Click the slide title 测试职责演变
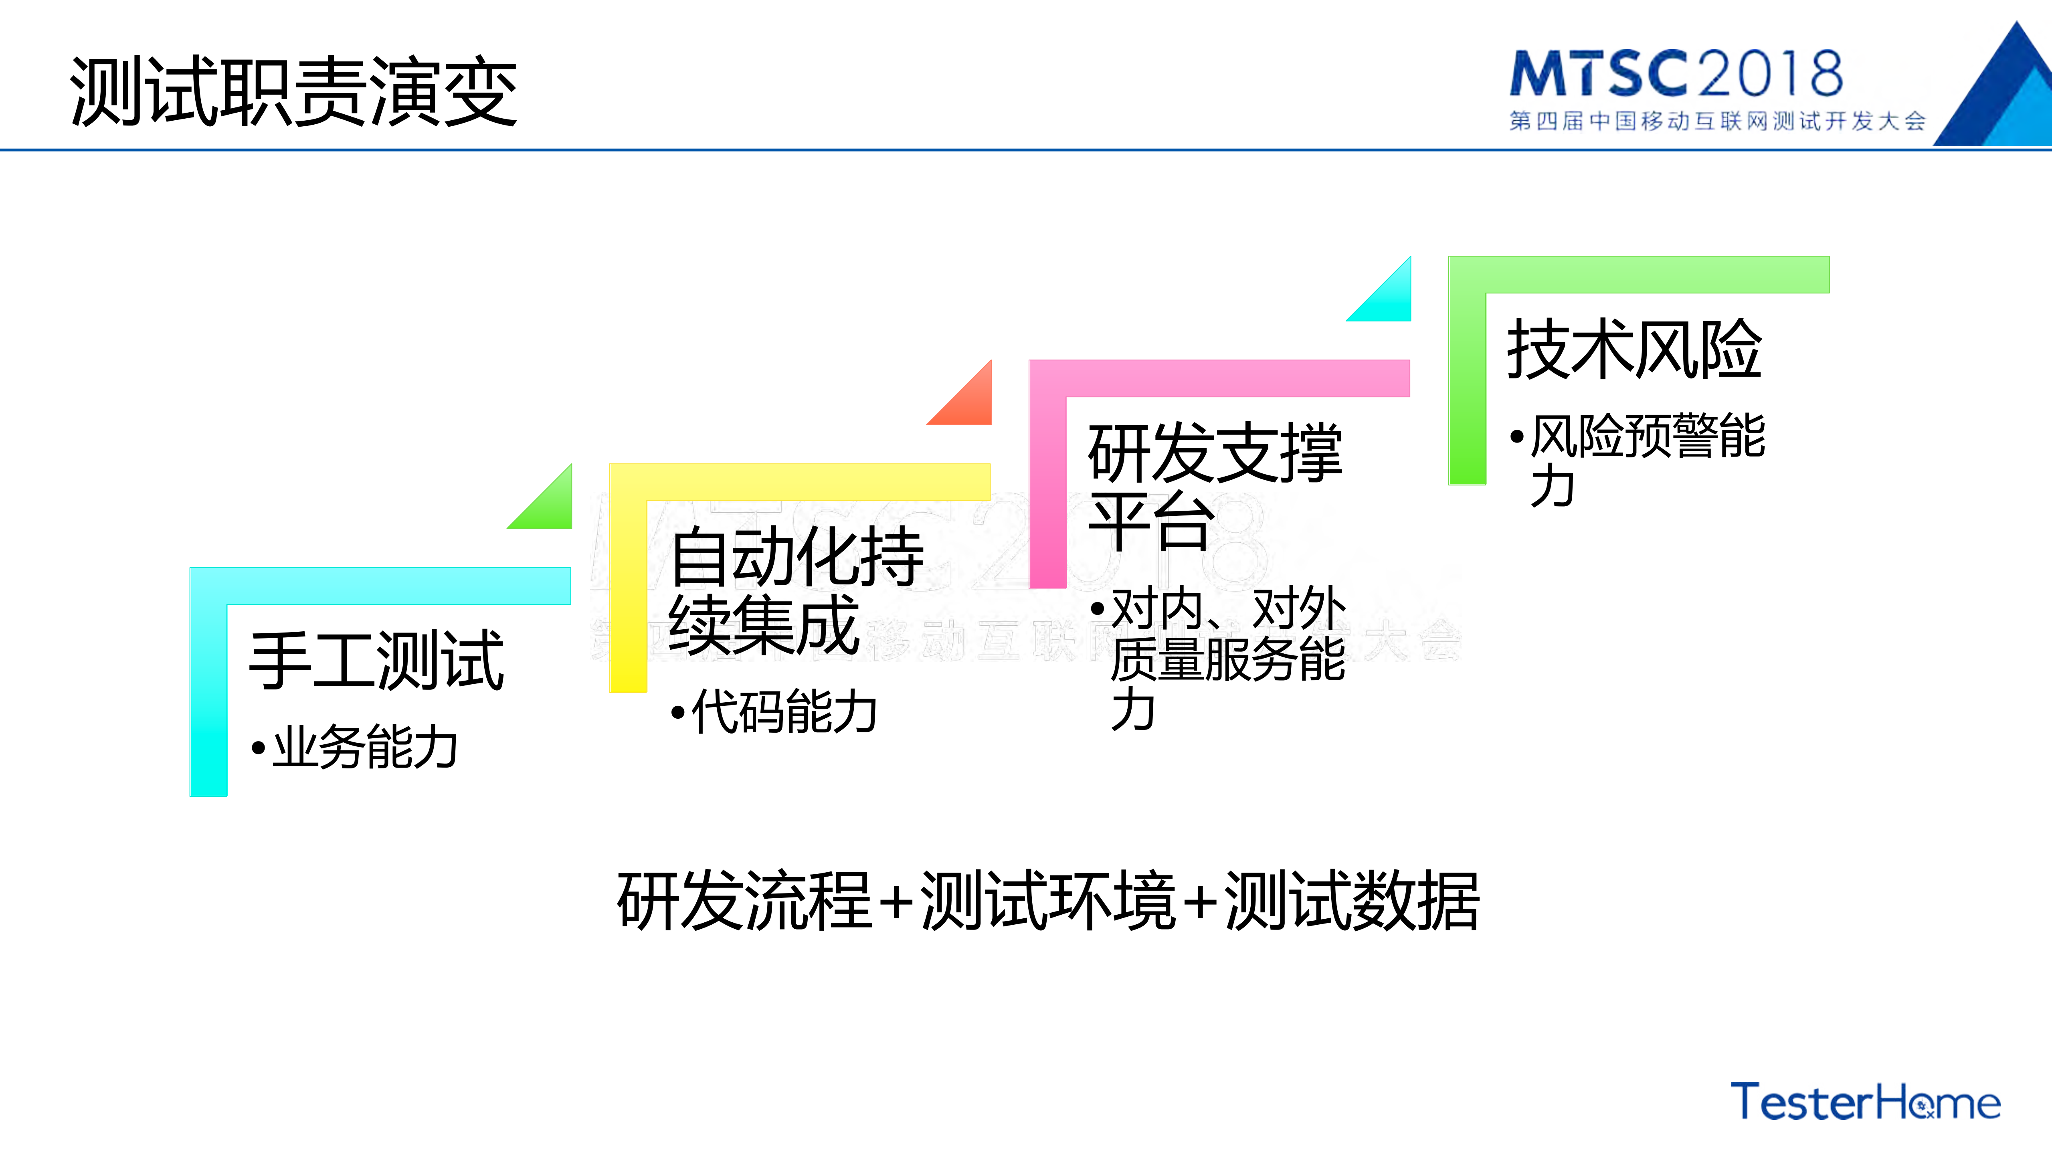(x=293, y=91)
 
